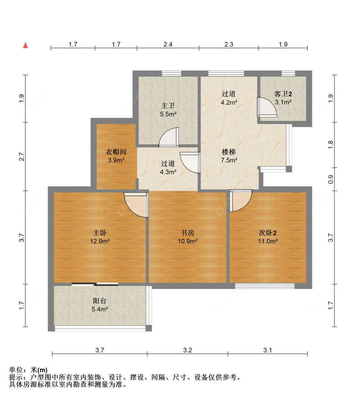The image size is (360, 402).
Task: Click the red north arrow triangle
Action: (x=25, y=45)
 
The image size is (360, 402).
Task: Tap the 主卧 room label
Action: (x=100, y=233)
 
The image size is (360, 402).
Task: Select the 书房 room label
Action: (x=188, y=233)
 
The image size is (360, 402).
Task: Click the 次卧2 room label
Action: (x=268, y=233)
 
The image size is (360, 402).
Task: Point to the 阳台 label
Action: (x=100, y=301)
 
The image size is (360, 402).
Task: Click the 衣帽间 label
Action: (x=116, y=152)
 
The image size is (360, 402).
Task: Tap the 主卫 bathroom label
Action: (x=168, y=105)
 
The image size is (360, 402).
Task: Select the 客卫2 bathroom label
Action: (x=283, y=94)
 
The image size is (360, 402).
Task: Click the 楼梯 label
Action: (x=229, y=152)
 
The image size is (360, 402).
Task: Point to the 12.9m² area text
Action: (x=100, y=241)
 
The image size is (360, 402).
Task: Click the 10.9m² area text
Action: (x=188, y=241)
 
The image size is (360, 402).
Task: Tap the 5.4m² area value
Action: (x=100, y=309)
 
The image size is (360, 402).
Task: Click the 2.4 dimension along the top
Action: (x=168, y=44)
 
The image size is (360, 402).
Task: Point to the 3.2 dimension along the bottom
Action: (x=188, y=350)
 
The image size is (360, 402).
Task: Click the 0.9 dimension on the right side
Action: (x=331, y=179)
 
